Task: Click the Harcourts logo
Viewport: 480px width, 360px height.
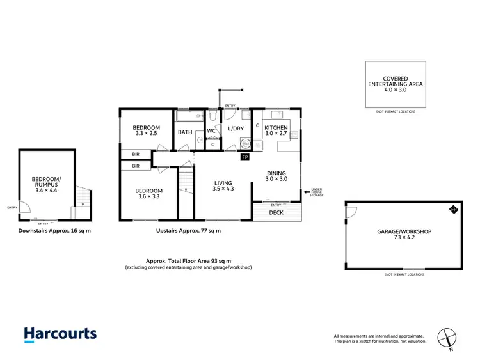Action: tap(60, 333)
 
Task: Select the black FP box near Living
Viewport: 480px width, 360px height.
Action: tap(244, 157)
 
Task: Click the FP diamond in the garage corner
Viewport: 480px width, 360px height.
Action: tap(453, 210)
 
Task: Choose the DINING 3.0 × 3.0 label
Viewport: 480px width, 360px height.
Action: tap(277, 176)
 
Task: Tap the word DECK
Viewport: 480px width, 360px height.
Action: tap(276, 212)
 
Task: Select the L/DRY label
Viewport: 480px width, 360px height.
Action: tap(236, 129)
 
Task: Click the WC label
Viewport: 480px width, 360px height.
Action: tap(211, 130)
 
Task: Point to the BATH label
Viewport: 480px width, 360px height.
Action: tap(185, 132)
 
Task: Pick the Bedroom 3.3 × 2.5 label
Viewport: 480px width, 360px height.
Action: tap(147, 131)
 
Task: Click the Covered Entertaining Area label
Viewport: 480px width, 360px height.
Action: tap(396, 84)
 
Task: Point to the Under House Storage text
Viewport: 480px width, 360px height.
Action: tap(316, 192)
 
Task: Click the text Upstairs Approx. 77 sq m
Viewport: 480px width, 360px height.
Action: tap(188, 230)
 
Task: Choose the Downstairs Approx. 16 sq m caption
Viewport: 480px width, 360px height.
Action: tap(54, 230)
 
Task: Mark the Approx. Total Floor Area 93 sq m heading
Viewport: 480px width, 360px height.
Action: tap(188, 262)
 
